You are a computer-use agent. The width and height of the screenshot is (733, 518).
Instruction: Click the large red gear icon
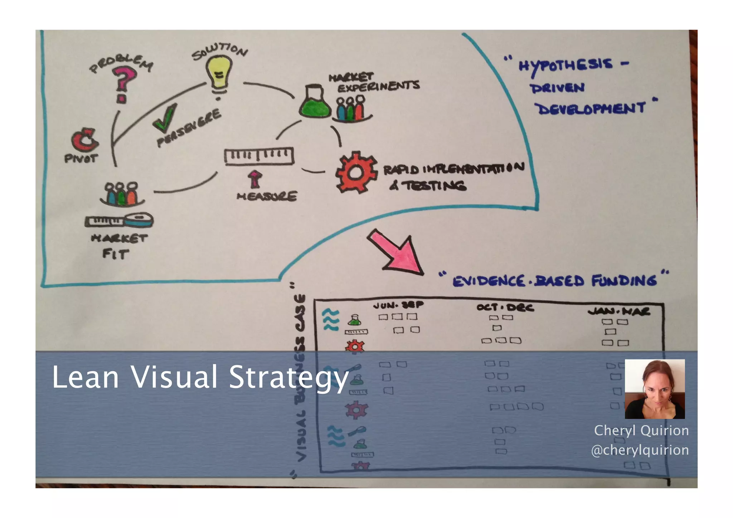[x=356, y=172]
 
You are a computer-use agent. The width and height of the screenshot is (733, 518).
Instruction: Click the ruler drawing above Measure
[x=259, y=156]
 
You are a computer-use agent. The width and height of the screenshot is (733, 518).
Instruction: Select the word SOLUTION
[x=219, y=52]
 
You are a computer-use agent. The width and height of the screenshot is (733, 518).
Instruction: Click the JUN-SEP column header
[x=398, y=305]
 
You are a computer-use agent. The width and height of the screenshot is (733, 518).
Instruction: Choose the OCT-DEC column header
[x=505, y=307]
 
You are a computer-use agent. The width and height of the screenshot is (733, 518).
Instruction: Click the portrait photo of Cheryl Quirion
[x=655, y=389]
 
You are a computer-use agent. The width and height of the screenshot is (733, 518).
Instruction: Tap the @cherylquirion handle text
[x=640, y=450]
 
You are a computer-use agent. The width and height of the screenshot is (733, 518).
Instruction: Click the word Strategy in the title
[x=288, y=378]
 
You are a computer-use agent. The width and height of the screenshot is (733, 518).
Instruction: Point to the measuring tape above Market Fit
[x=119, y=221]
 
